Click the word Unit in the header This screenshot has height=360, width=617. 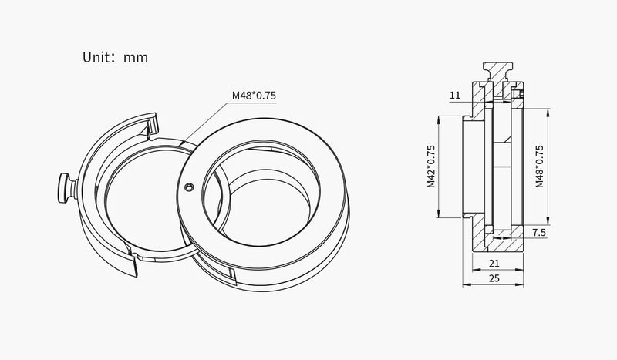coord(97,57)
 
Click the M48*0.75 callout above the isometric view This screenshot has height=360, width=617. coord(254,96)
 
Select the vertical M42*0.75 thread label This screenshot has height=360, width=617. coord(431,167)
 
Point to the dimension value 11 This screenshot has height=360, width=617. coord(454,96)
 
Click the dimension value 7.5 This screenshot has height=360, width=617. coord(539,232)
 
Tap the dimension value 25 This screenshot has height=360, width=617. coord(494,278)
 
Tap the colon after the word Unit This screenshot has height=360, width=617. coord(115,58)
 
